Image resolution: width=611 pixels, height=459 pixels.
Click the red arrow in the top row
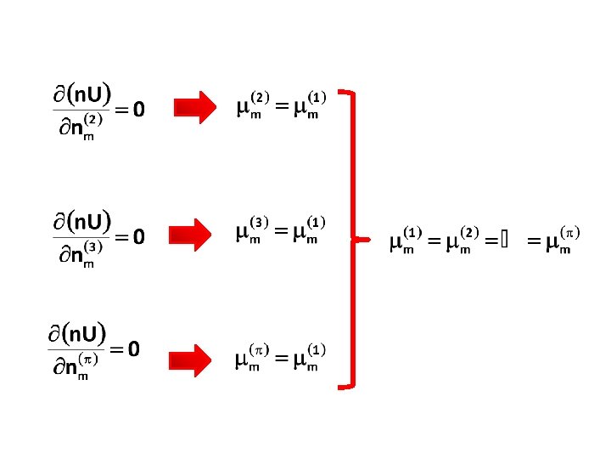196,107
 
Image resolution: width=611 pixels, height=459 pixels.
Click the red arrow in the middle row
196,234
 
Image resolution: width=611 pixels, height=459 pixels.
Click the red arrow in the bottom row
196,360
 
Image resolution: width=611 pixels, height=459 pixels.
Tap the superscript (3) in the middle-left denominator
93,247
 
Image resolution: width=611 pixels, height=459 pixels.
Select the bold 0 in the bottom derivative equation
133,348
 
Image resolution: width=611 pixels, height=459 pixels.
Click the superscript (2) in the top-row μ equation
261,95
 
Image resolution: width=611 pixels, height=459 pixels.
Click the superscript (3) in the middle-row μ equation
261,223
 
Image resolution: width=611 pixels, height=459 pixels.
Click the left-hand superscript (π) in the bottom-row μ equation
259,349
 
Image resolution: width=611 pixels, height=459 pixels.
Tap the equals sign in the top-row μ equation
280,108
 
